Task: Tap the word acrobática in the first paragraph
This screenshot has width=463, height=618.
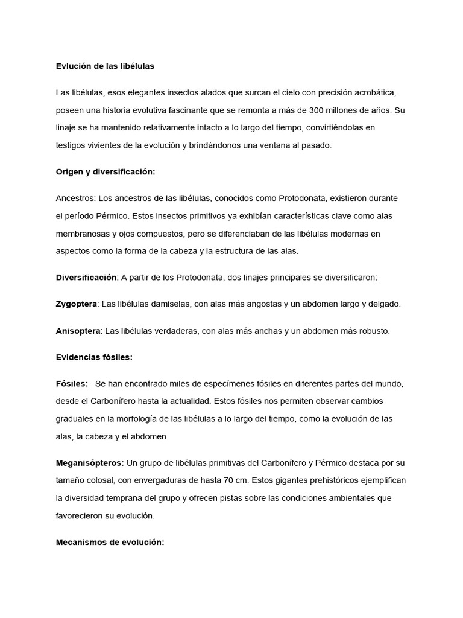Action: pyautogui.click(x=374, y=93)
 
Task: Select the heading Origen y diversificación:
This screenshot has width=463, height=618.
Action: pyautogui.click(x=106, y=172)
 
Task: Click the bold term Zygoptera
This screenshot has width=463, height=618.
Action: pyautogui.click(x=76, y=304)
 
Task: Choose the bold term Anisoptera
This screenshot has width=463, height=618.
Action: pyautogui.click(x=77, y=331)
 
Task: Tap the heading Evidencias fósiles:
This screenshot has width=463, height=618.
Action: pyautogui.click(x=94, y=357)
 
